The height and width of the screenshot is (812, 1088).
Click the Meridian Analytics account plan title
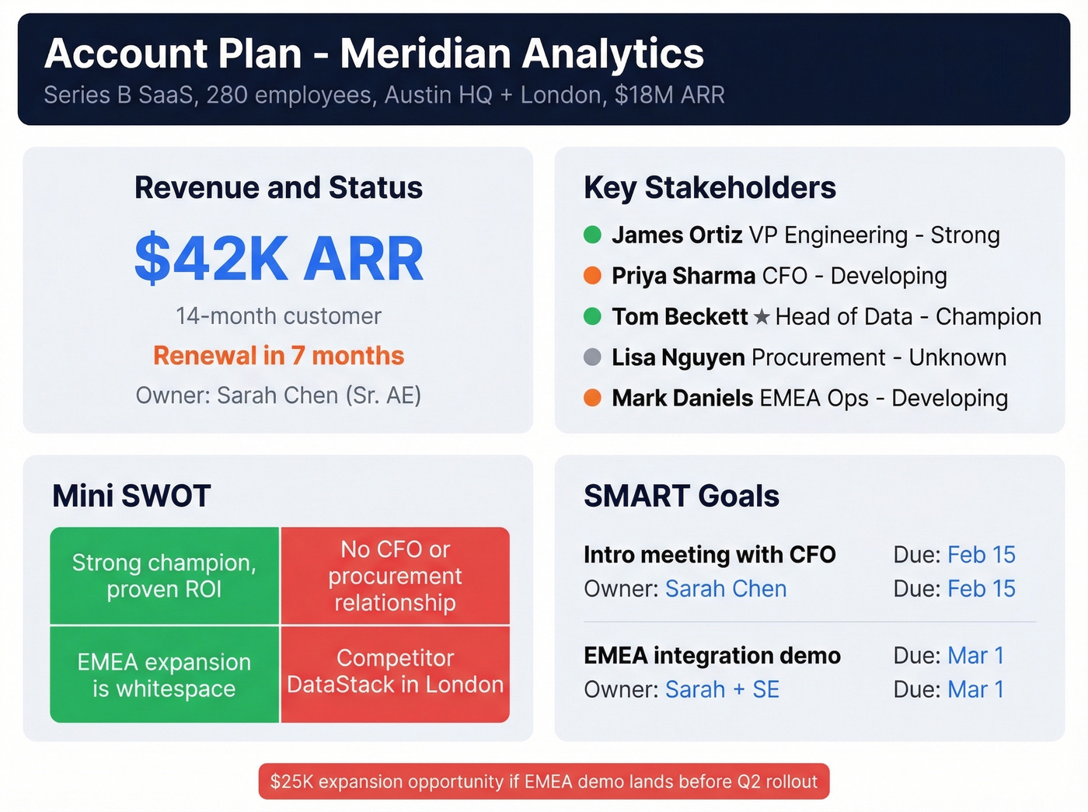[374, 54]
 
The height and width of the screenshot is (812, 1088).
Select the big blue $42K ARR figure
[279, 259]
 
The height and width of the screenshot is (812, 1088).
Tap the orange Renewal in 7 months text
[278, 356]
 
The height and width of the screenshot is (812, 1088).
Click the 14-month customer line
[278, 316]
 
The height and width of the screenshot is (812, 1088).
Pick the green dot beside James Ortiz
[592, 235]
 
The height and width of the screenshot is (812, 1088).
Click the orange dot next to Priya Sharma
[592, 275]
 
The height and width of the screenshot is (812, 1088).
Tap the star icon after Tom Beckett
[762, 317]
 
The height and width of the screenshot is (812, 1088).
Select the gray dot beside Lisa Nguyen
[592, 357]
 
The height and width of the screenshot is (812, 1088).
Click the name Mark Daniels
[682, 398]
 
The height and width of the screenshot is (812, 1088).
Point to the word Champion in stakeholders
[988, 317]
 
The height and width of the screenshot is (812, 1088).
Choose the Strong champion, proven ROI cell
[164, 576]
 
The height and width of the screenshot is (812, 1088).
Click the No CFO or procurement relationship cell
[395, 576]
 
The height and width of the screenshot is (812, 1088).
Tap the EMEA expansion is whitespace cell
[164, 674]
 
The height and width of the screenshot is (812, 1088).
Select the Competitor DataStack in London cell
[395, 672]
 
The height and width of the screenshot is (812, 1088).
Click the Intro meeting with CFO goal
[710, 555]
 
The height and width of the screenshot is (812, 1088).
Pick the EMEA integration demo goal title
[712, 656]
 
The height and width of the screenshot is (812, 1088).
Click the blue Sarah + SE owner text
[722, 690]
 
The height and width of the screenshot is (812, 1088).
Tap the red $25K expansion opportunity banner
[544, 782]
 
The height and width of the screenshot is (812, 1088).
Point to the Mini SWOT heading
[131, 496]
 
